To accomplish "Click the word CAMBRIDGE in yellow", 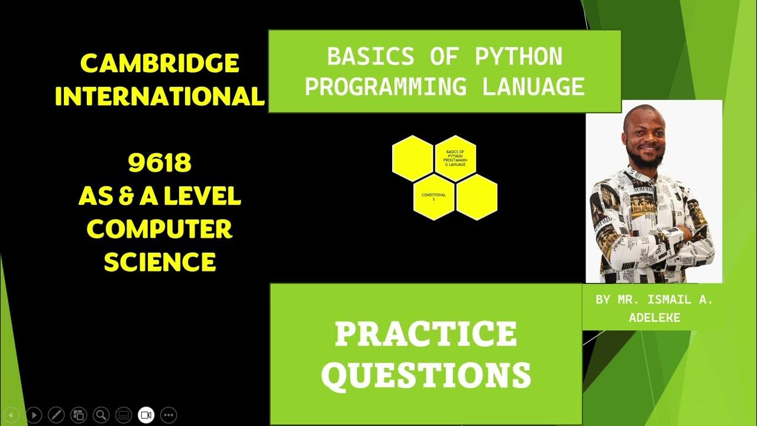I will [160, 63].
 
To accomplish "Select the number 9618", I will [160, 164].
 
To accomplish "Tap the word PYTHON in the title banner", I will [519, 57].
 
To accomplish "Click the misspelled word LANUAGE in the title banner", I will [533, 87].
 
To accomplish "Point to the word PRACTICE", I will [426, 334].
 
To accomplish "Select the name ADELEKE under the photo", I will [655, 318].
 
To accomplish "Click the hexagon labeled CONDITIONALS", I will [434, 197].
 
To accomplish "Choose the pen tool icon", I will [56, 415].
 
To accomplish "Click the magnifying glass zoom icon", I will [101, 415].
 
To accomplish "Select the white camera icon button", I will [146, 415].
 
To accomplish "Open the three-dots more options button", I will [169, 415].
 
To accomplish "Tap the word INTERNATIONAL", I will [160, 96].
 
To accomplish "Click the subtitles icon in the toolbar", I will [124, 415].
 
